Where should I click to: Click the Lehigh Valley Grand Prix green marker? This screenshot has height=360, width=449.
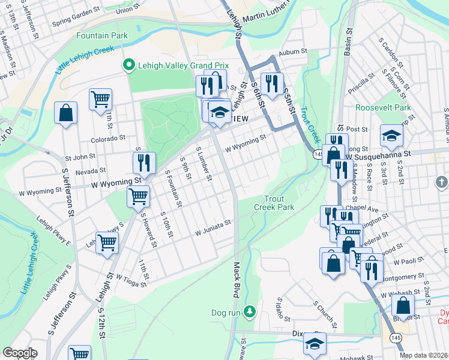coord(128,65)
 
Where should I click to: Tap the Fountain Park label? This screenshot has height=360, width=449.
coord(102,36)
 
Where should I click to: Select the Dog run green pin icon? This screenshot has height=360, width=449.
coord(250,312)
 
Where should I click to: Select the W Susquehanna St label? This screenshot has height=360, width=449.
coord(377,154)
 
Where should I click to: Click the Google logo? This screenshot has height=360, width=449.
coord(20,353)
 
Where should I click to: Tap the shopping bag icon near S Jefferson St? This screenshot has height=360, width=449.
coord(65,112)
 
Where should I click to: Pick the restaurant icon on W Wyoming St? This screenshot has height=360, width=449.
coord(144,162)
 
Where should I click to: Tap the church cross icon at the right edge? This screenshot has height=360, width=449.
coord(441,181)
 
